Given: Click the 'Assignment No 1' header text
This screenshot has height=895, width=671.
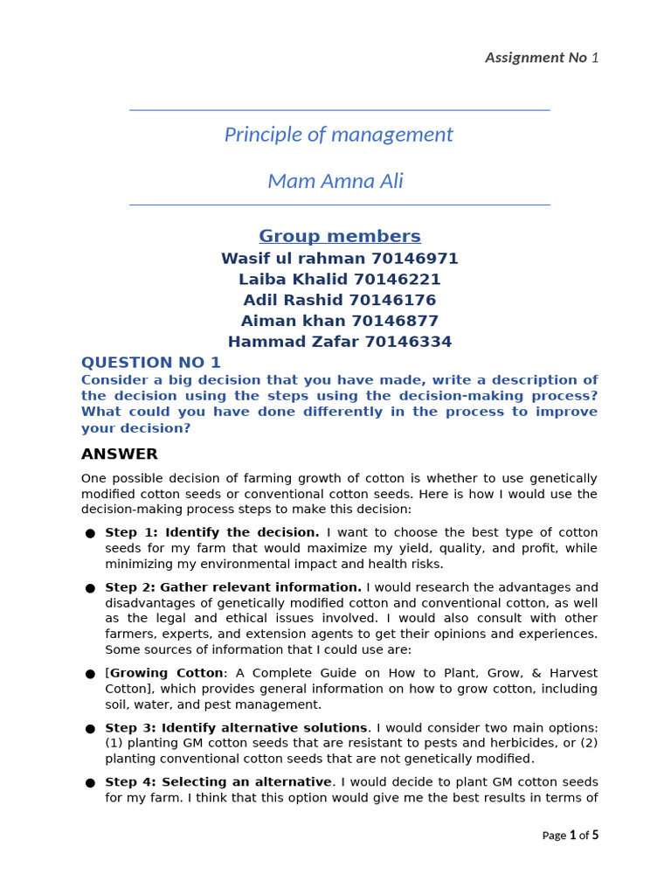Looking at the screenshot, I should tap(542, 58).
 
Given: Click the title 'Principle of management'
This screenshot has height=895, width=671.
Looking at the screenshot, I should tap(339, 135).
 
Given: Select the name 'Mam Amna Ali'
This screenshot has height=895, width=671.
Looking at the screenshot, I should tap(335, 181).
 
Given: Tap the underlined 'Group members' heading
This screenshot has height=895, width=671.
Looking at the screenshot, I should tap(340, 236).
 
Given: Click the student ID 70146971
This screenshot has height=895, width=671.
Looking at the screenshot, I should tap(414, 259).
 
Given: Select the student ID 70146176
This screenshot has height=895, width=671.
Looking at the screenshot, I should tap(395, 301).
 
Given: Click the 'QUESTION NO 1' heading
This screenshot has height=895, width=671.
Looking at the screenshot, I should tap(151, 363).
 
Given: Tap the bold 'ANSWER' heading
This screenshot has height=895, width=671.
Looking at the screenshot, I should tap(120, 454).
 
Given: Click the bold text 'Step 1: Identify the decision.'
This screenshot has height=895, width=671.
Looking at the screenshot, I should tap(212, 532).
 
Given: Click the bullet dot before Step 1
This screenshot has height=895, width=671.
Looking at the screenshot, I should tap(90, 533).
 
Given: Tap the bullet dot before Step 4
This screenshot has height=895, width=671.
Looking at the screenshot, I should tap(90, 783).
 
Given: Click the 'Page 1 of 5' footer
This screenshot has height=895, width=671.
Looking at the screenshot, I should tap(570, 836).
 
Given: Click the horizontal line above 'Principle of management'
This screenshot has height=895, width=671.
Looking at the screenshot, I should tap(340, 110).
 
